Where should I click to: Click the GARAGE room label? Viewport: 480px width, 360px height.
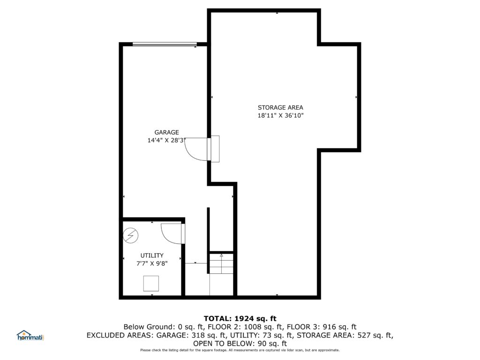pos(166,132)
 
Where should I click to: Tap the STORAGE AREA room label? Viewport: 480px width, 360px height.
pos(280,107)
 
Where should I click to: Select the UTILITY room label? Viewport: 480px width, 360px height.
pos(152,255)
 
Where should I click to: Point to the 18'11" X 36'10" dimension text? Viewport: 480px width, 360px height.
pos(280,115)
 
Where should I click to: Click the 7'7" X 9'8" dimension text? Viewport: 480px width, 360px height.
pos(152,263)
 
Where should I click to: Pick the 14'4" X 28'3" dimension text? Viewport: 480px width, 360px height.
pos(166,140)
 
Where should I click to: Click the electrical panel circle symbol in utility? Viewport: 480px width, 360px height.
pos(130,236)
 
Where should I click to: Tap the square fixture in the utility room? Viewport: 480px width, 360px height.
pos(151,284)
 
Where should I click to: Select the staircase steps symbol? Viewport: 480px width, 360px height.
pos(221,263)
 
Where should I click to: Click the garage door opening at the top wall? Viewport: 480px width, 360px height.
pos(165,45)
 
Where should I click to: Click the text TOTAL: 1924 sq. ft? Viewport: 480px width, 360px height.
pos(240,318)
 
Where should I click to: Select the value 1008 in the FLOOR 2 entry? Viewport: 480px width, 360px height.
pos(253,327)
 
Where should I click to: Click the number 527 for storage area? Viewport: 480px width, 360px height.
pos(364,335)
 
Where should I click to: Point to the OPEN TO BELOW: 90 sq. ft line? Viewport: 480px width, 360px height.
pos(240,344)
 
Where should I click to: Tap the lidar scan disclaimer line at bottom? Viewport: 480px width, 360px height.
pos(240,350)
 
